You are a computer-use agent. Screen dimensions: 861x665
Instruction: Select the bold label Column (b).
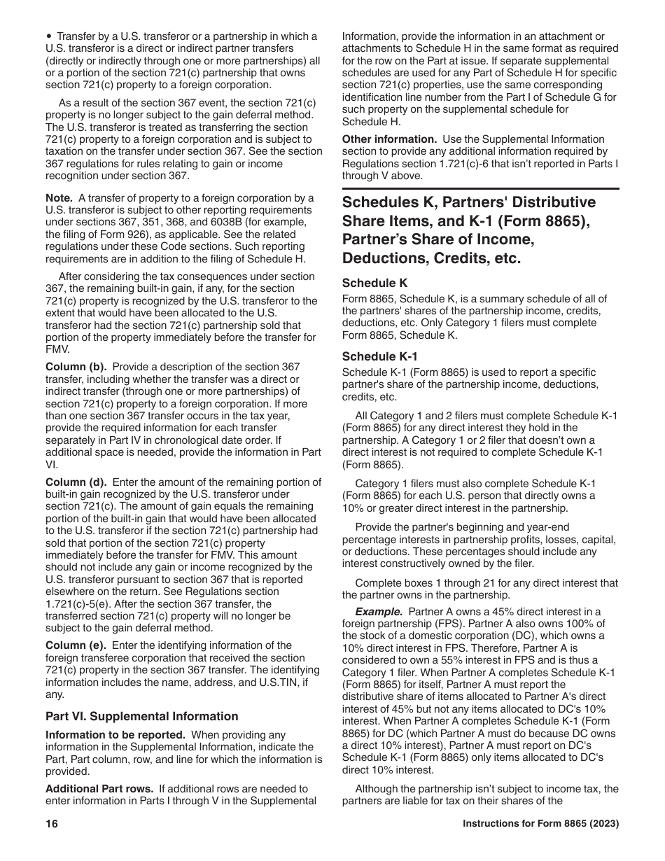[76, 367]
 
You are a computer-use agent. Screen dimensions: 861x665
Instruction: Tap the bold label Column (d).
[76, 482]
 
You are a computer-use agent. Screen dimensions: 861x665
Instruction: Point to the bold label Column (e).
[76, 645]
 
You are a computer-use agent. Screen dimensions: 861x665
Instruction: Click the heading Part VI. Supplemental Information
[142, 716]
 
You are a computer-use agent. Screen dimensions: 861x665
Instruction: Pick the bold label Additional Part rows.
[99, 789]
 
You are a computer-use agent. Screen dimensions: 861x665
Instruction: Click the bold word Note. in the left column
[59, 198]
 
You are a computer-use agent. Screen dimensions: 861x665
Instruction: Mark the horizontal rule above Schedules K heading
[480, 188]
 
